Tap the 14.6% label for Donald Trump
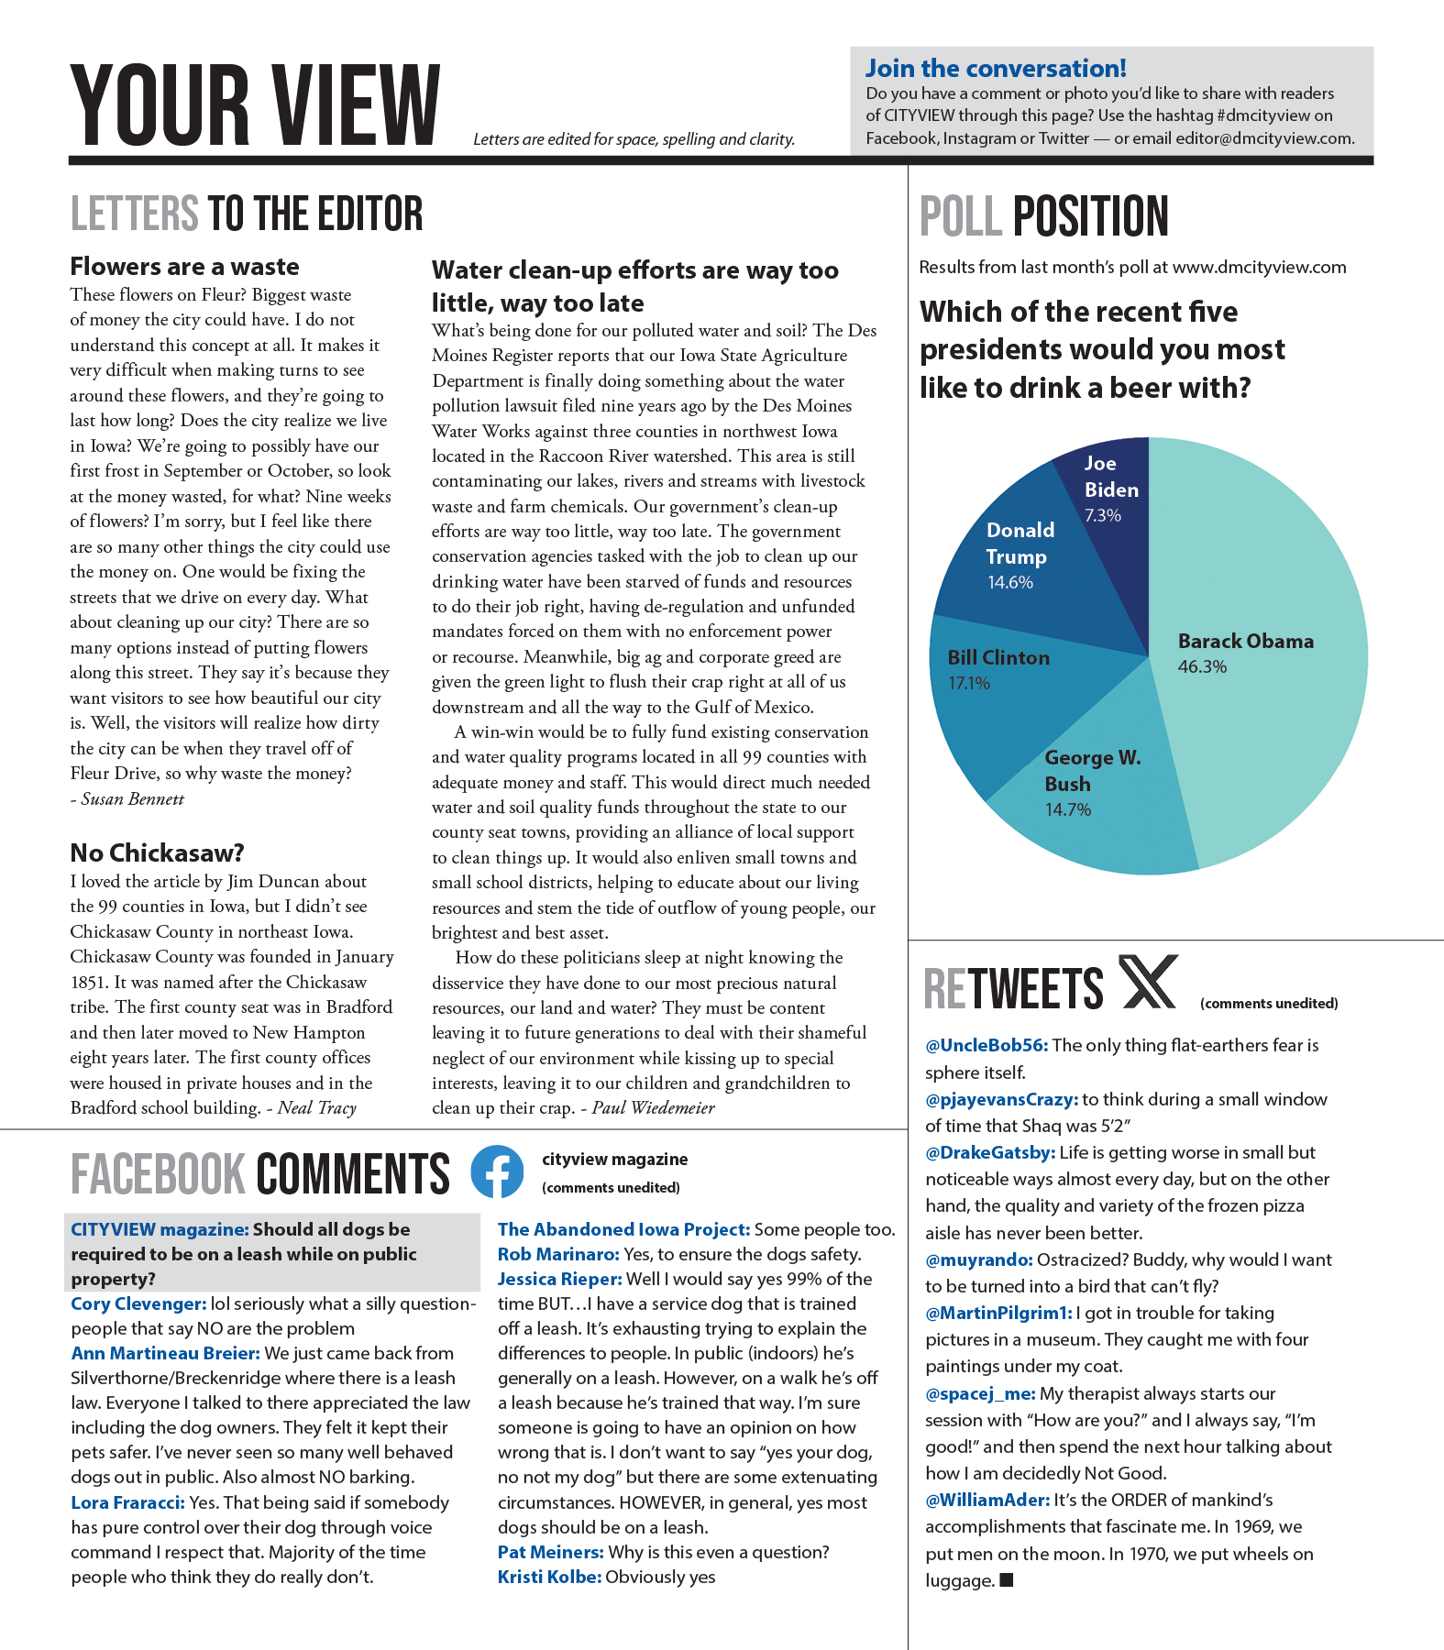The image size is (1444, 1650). coord(1010,582)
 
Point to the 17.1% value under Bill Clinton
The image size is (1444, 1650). coord(969,683)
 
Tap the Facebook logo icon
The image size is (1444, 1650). coord(497,1171)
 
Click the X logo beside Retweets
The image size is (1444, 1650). coord(1148,983)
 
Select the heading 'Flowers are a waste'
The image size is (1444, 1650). coord(184,267)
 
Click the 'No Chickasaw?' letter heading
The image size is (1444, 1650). coord(157,853)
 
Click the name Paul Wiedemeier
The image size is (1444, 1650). coord(653,1108)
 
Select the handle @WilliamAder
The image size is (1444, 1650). coord(987,1501)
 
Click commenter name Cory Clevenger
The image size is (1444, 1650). coord(138,1304)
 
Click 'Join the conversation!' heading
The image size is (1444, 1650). coord(996,69)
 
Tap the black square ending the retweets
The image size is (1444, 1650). coord(1007,1579)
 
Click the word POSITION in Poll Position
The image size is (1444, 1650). coord(1090,216)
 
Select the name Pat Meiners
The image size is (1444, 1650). coord(550,1553)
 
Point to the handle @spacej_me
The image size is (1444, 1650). coord(980,1394)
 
